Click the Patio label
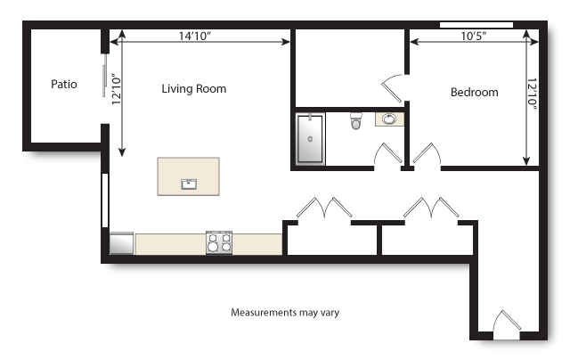(63, 85)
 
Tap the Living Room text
(193, 89)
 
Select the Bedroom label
(474, 92)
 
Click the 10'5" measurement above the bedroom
(474, 37)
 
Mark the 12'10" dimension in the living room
(116, 90)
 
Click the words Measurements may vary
(285, 313)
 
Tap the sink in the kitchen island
(189, 184)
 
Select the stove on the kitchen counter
(219, 242)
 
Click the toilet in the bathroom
(356, 121)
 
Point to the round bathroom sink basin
(390, 119)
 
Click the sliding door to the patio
(105, 83)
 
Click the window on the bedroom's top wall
(476, 24)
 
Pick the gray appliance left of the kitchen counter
(121, 243)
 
